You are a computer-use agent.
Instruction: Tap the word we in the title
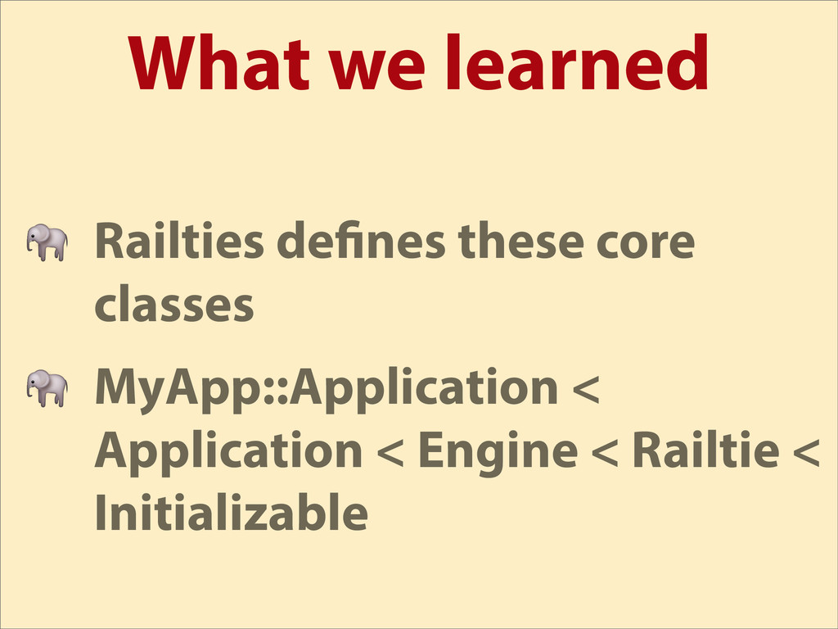(x=376, y=70)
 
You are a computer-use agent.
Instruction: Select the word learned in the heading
(x=578, y=61)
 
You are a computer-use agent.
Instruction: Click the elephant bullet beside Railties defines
(x=47, y=242)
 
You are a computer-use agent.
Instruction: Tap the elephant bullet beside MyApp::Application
(x=47, y=387)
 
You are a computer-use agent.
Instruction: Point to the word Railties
(x=179, y=240)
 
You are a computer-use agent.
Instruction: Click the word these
(x=520, y=241)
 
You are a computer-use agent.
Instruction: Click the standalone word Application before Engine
(x=229, y=453)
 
